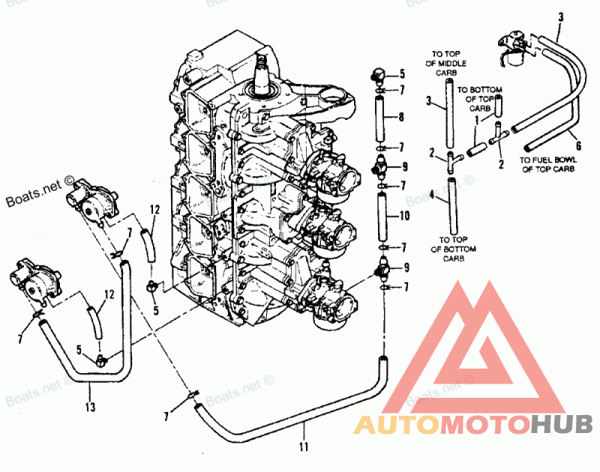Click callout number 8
pos(402,117)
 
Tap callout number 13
pos(91,408)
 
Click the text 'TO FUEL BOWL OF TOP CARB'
pos(547,165)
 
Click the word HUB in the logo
pos(562,424)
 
